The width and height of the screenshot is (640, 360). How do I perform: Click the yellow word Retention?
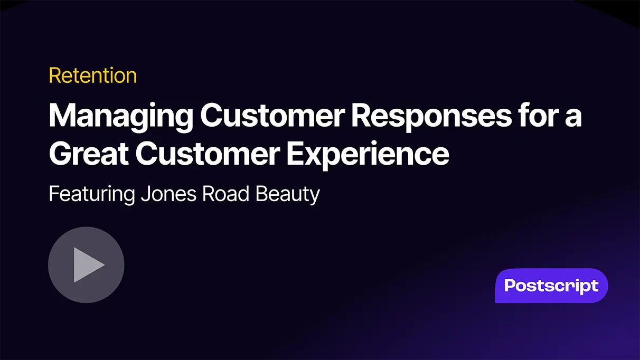coord(93,75)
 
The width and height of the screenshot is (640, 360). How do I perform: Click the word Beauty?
coord(288,194)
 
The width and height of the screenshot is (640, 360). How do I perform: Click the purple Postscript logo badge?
coord(551,286)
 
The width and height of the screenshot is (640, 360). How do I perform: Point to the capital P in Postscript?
coord(510,286)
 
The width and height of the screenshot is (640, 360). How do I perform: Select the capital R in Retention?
coord(54,75)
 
